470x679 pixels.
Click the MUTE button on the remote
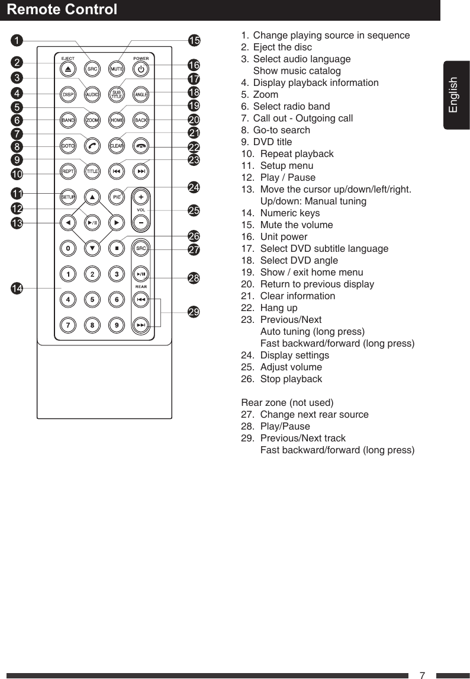[x=117, y=69]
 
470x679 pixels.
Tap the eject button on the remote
[x=68, y=69]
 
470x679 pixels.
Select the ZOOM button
[x=92, y=120]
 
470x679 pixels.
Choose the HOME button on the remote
[x=117, y=120]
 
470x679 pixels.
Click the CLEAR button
[x=117, y=146]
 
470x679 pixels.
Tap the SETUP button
[x=68, y=197]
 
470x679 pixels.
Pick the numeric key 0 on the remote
[x=69, y=248]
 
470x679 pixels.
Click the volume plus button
[x=140, y=197]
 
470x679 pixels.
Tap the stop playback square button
[x=117, y=248]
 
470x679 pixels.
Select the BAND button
[x=68, y=120]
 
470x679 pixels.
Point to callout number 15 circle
[x=194, y=40]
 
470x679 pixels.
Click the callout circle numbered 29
[x=194, y=312]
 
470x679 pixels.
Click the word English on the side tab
[x=453, y=95]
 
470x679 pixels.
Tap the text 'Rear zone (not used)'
[x=287, y=402]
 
